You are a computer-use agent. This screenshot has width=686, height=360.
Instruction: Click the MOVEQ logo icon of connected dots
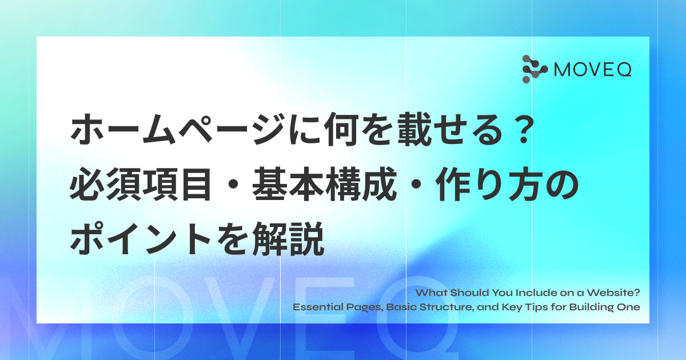[x=535, y=69]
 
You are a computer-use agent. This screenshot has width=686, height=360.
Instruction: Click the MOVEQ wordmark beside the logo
[x=593, y=70]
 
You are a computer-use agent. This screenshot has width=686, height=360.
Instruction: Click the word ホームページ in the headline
[x=178, y=130]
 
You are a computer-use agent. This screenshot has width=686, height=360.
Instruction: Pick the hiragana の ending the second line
[x=563, y=185]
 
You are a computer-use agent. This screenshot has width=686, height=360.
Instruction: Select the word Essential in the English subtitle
[x=318, y=307]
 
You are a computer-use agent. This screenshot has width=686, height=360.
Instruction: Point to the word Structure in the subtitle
[x=446, y=307]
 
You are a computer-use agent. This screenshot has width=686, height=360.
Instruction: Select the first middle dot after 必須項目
[x=232, y=185]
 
